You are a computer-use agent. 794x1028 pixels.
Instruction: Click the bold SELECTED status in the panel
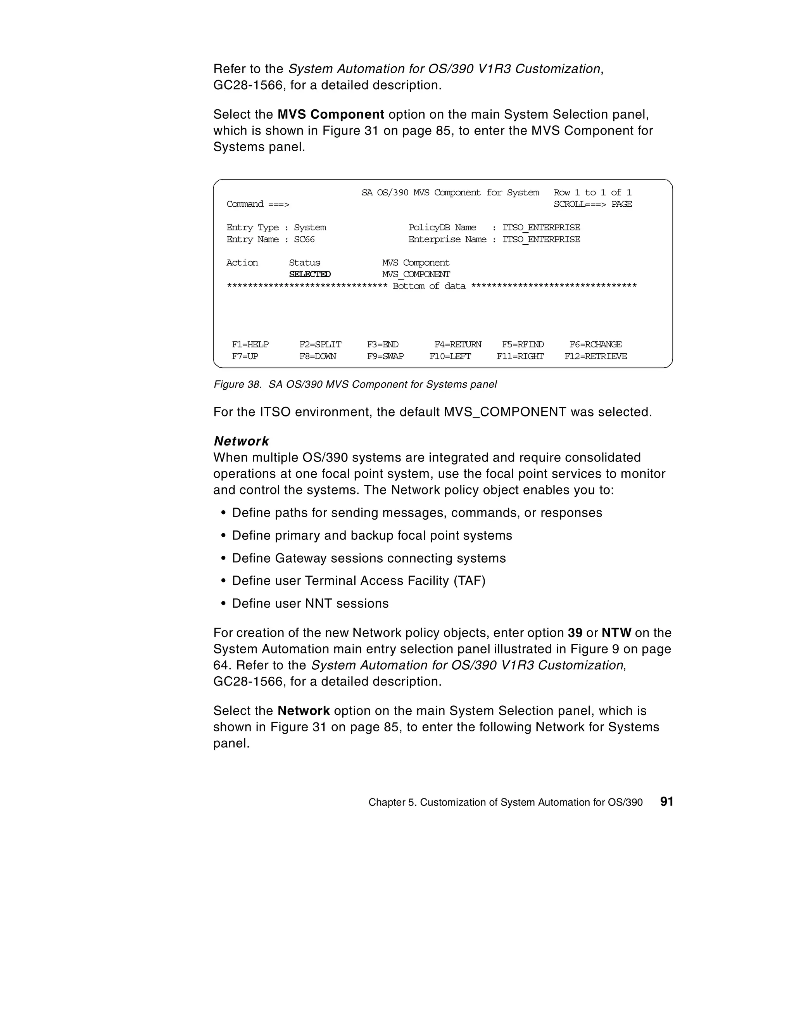(x=310, y=275)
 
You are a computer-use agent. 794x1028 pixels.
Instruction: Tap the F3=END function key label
(x=383, y=345)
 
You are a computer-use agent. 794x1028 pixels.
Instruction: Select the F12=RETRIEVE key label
(x=595, y=356)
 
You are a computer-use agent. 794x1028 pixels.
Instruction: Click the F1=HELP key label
(x=250, y=345)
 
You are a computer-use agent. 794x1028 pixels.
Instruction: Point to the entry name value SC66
(x=304, y=240)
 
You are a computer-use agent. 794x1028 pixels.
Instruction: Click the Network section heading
(x=241, y=441)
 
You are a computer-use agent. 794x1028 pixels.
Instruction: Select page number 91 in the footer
(x=666, y=802)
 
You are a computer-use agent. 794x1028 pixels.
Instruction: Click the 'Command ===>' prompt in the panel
(x=257, y=204)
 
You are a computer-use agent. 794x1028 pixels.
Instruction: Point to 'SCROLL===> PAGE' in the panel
(x=592, y=204)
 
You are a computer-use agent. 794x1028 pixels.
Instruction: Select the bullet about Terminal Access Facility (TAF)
(x=358, y=581)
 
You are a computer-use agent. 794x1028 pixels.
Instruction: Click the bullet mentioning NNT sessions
(x=310, y=603)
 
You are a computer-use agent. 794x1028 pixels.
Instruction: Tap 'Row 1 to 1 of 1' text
(x=592, y=192)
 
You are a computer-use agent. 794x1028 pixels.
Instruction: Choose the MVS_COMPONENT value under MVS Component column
(x=416, y=275)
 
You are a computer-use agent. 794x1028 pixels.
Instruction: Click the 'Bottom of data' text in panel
(x=429, y=286)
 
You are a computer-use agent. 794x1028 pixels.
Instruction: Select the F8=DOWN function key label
(x=318, y=356)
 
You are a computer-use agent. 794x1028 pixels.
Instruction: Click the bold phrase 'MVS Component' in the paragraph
(x=330, y=114)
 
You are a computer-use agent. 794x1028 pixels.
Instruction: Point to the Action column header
(x=242, y=263)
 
